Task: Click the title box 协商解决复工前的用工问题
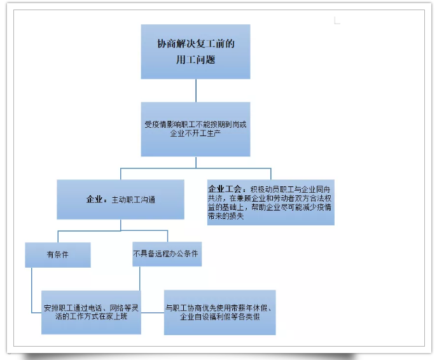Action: coord(195,52)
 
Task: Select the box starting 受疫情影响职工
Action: coord(195,129)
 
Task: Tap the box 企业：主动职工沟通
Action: coord(120,200)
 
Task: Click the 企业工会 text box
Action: coord(271,202)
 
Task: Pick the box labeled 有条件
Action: coord(58,254)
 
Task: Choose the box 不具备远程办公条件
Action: coord(167,254)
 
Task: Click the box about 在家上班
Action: coord(91,312)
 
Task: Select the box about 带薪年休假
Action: coord(219,312)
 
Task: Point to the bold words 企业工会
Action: coord(225,189)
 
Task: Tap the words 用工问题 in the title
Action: coord(196,60)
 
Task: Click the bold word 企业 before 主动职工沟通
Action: coord(94,200)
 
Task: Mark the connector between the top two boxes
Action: coord(196,90)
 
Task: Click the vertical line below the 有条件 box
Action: coord(32,290)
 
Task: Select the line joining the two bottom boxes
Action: coord(153,313)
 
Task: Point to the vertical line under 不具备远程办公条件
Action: coord(139,279)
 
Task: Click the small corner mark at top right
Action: coord(337,20)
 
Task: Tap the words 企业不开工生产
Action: coord(195,133)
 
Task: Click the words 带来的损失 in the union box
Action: coord(226,216)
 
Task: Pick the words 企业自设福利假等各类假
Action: coord(220,317)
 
